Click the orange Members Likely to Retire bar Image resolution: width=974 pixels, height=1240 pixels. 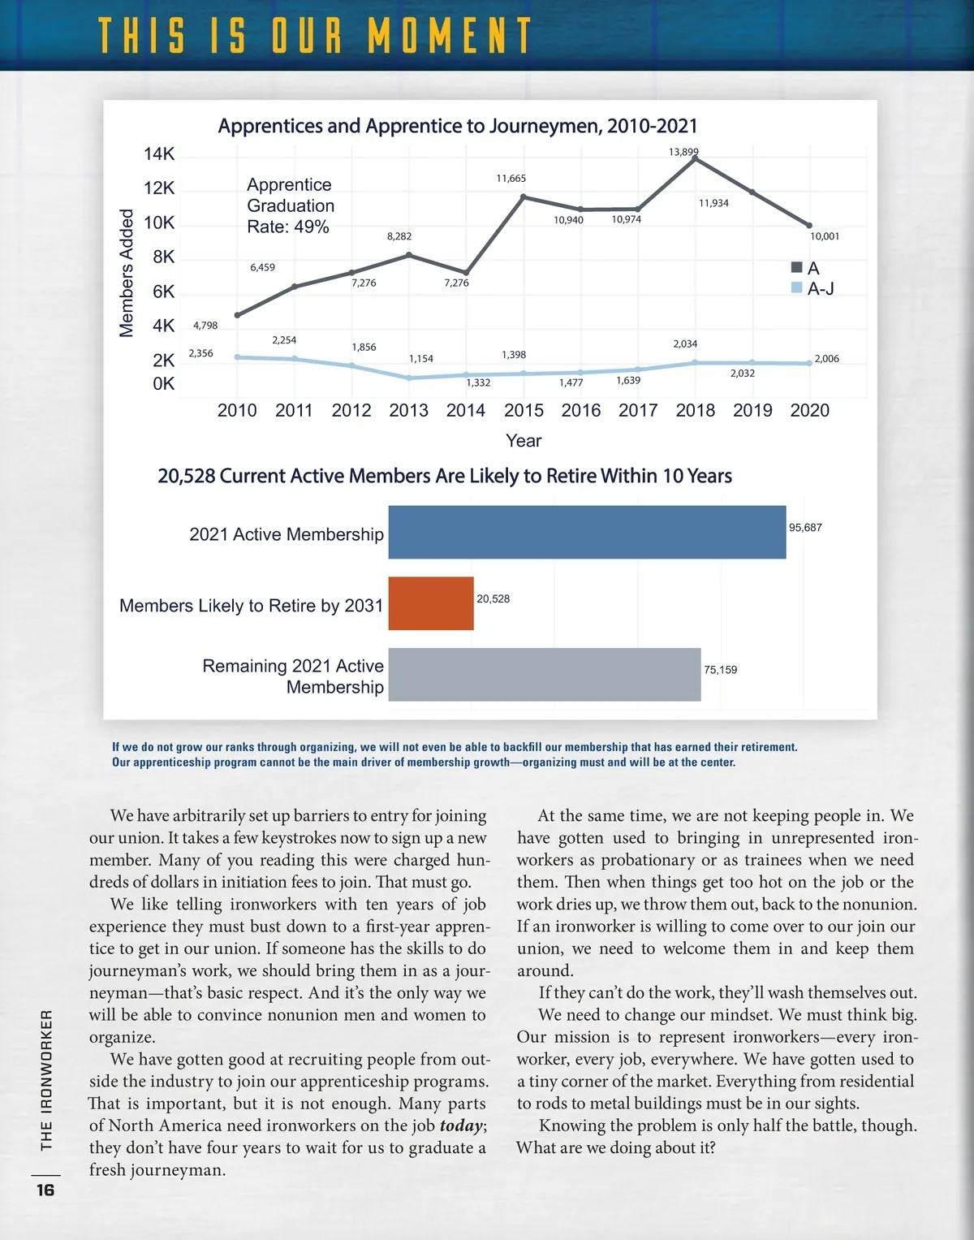point(431,603)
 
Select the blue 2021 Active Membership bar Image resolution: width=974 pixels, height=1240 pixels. point(587,532)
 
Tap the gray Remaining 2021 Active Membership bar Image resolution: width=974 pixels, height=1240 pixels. point(545,675)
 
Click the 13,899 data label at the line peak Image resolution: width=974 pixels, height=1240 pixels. point(683,152)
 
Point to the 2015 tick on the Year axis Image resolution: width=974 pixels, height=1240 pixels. point(524,410)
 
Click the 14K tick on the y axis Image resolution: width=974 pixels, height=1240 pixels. point(159,154)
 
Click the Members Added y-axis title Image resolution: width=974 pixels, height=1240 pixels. point(127,273)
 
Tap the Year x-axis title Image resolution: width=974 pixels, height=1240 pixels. point(524,441)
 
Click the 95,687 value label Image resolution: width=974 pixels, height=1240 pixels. point(805,528)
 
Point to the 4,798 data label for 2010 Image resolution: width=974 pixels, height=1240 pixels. point(205,326)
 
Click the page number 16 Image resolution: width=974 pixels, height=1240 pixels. point(45,1190)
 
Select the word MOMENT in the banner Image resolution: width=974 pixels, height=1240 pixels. point(450,37)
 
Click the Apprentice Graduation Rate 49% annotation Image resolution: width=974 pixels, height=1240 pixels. point(291,205)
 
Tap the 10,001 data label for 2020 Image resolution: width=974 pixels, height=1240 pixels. point(825,236)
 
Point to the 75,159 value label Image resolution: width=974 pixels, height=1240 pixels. point(721,670)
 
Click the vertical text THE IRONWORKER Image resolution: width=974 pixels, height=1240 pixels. point(46,1080)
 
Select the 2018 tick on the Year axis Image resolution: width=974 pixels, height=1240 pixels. point(696,410)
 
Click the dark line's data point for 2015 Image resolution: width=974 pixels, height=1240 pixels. point(524,197)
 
